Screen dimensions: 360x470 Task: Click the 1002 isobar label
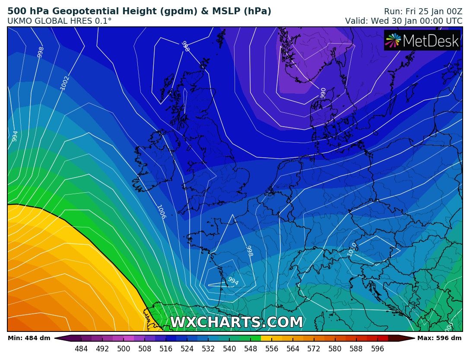coord(65,83)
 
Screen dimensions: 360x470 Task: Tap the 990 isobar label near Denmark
coord(323,92)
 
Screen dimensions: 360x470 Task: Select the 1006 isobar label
coord(161,212)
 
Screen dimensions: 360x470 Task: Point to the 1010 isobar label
coord(352,249)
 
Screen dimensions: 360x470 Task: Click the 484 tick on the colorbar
coord(81,349)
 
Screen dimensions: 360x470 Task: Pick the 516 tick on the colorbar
coord(166,349)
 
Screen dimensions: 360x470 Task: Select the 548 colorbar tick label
coord(251,349)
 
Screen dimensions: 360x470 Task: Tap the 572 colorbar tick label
coord(314,349)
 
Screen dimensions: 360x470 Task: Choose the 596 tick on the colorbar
coord(378,349)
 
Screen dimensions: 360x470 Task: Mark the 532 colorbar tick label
coord(208,349)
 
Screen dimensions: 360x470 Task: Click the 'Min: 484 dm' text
coord(29,338)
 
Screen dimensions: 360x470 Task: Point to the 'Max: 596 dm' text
coord(439,338)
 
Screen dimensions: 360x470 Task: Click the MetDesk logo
coord(422,41)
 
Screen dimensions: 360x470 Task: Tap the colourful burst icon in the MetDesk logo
coord(394,41)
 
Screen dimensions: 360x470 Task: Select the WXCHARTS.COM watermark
coord(236,322)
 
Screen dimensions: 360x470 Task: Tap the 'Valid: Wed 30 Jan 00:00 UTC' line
coord(403,21)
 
